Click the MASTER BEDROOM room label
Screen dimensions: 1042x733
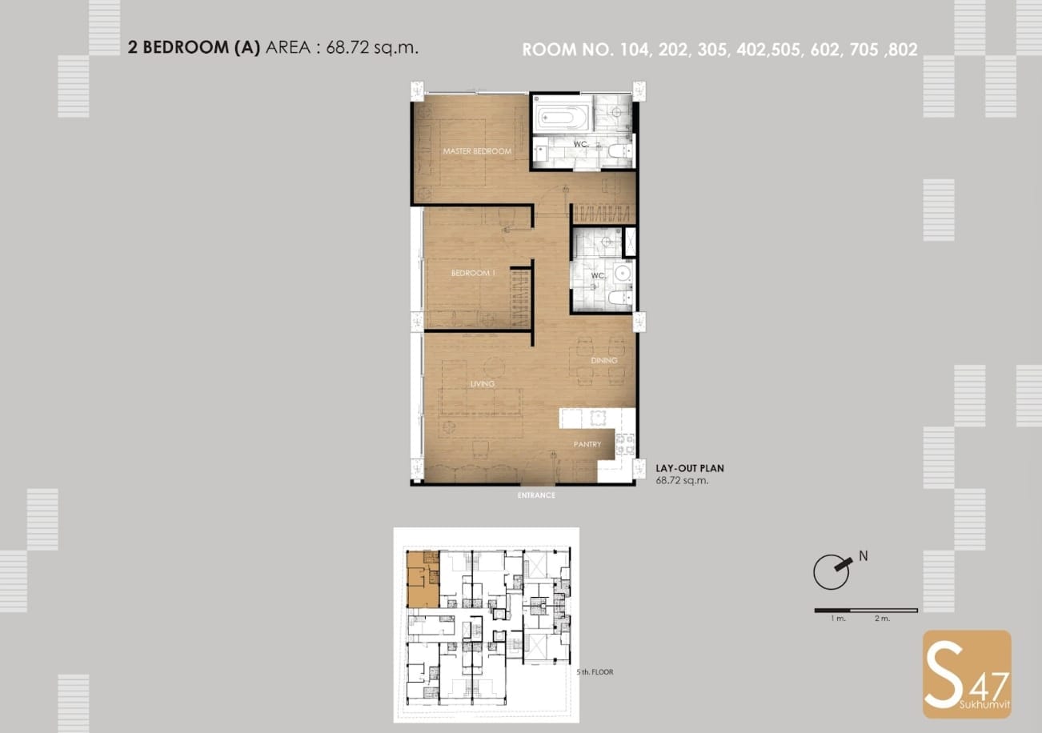click(477, 151)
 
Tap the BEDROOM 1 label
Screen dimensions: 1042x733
click(473, 273)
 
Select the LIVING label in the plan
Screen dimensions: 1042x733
click(483, 384)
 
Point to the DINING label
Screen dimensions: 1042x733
click(603, 360)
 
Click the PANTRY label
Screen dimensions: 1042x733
click(587, 444)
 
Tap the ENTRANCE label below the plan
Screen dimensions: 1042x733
click(536, 495)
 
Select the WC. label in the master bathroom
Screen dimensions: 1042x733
click(581, 144)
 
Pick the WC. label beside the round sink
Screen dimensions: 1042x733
click(598, 275)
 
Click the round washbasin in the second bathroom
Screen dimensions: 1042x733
click(623, 273)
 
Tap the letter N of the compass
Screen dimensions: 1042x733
click(864, 556)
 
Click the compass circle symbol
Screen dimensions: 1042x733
click(831, 572)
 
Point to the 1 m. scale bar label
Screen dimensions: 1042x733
click(838, 618)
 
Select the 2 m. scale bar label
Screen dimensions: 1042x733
click(882, 618)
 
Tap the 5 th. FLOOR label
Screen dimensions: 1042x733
click(595, 672)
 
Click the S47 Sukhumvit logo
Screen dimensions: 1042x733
click(967, 675)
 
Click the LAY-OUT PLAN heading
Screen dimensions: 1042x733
click(690, 468)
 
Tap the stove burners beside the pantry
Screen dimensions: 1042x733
click(625, 444)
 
